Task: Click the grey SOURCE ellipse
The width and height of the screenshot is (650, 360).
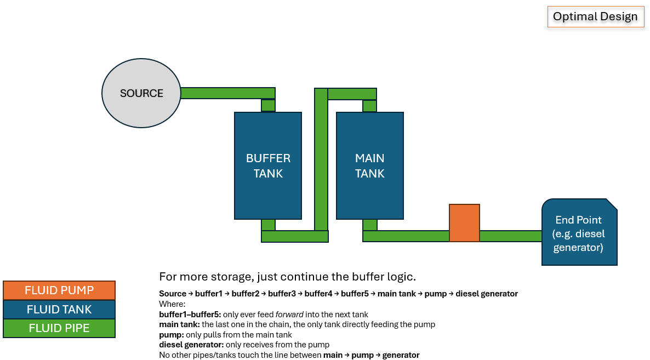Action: (x=141, y=93)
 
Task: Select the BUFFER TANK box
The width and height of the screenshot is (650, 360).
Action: (x=268, y=165)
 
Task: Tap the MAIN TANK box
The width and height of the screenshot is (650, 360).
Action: (x=370, y=165)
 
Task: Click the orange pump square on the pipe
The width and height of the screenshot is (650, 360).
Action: (x=464, y=223)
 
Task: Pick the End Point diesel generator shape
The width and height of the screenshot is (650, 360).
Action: (x=579, y=232)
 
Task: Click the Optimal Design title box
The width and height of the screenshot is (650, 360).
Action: (x=595, y=16)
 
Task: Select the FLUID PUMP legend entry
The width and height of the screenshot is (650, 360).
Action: (x=59, y=290)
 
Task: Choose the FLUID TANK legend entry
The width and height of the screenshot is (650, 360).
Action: (x=59, y=310)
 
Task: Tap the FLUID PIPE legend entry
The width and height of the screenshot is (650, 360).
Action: (x=59, y=329)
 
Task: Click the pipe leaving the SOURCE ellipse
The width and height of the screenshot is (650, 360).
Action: (x=227, y=93)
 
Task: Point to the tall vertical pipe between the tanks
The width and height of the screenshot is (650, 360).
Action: (x=321, y=159)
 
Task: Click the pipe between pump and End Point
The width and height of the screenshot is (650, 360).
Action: (x=510, y=236)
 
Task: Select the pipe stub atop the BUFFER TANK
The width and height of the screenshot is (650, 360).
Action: (x=268, y=105)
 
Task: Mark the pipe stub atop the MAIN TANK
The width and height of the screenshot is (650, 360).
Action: (x=370, y=106)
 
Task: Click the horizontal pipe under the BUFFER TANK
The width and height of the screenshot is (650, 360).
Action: (x=294, y=236)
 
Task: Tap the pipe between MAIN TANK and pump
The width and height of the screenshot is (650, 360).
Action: (x=406, y=236)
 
